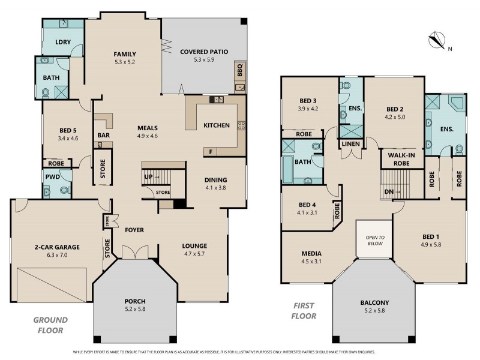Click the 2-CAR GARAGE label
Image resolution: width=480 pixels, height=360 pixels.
[x=55, y=247]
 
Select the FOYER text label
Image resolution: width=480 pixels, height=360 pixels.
[x=134, y=230]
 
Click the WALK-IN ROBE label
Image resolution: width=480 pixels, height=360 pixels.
[x=403, y=159]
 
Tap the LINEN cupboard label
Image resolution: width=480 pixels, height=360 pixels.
[x=350, y=145]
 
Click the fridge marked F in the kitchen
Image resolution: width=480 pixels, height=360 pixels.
[x=211, y=152]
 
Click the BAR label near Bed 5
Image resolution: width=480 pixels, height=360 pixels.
[x=103, y=136]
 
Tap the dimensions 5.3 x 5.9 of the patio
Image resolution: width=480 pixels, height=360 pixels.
[x=204, y=60]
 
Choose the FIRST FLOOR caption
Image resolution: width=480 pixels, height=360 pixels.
[x=304, y=311]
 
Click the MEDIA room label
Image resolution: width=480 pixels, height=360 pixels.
[x=311, y=253]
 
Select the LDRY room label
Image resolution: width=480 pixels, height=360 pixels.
[x=63, y=42]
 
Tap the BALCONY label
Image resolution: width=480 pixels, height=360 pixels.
[x=374, y=302]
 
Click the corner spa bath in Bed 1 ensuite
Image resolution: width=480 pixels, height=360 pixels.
[x=455, y=105]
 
